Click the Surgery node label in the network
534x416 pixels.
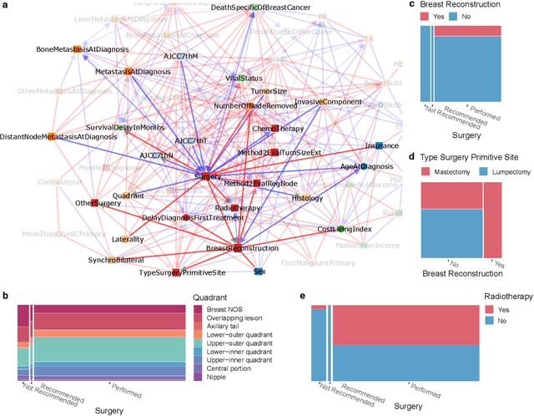tap(207, 177)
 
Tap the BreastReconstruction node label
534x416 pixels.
tap(241, 249)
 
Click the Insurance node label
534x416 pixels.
tap(380, 145)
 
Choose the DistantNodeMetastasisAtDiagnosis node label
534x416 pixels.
tap(58, 136)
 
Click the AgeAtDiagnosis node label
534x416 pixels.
tap(365, 167)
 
